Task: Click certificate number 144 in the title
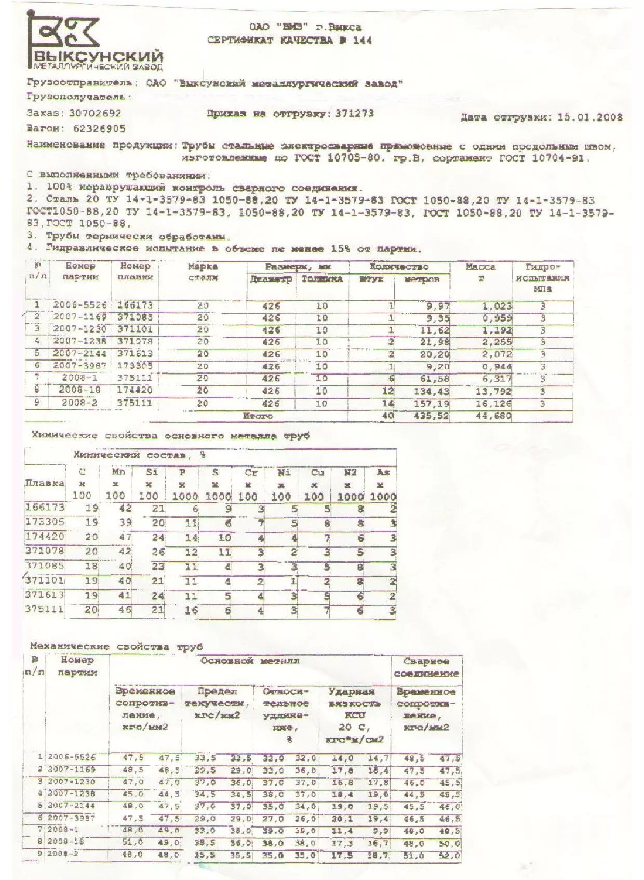click(x=362, y=41)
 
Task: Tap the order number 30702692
click(x=95, y=113)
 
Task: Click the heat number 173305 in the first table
click(x=135, y=366)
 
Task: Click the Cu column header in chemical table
click(x=317, y=472)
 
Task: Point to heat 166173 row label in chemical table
click(x=45, y=507)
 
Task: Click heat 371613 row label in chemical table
click(x=45, y=595)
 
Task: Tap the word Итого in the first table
click(x=258, y=416)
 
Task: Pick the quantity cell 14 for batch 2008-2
click(x=387, y=404)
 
